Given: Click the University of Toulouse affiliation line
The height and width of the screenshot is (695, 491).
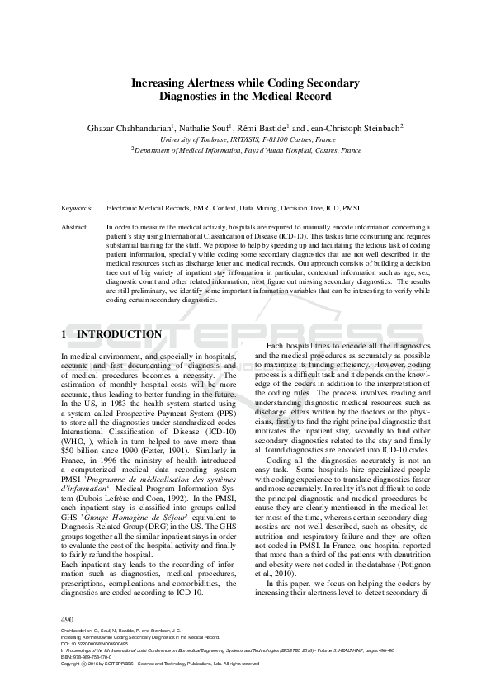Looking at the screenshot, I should coord(246,140).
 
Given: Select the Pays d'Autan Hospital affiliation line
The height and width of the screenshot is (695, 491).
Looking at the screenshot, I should coord(246,151).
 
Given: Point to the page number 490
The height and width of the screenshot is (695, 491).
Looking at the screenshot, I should coord(68,619).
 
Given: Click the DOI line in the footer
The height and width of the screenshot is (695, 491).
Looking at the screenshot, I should coord(92,644).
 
